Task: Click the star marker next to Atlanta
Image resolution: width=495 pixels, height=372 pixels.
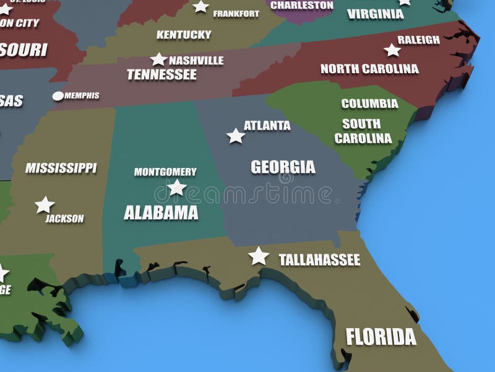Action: tap(236, 136)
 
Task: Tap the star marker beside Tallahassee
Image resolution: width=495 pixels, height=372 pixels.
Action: tap(259, 255)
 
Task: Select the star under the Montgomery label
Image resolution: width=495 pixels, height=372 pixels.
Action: tap(177, 187)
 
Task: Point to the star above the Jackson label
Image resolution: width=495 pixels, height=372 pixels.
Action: tap(45, 205)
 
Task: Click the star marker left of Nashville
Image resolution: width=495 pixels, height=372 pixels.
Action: tap(159, 60)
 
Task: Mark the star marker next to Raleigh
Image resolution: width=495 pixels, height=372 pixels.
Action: tap(392, 50)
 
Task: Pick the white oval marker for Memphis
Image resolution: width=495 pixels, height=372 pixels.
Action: tap(58, 96)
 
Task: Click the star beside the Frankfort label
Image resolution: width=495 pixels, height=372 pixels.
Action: tap(201, 7)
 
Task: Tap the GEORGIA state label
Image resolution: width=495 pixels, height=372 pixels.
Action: tap(283, 167)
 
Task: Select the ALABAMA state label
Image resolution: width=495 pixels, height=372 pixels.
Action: tap(161, 213)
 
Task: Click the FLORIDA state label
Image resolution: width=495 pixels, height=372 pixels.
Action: tap(381, 337)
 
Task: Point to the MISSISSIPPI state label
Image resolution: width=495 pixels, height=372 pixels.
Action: tap(61, 168)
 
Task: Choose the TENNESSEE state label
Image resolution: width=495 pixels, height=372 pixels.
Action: tap(161, 75)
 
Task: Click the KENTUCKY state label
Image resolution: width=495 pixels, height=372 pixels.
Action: tap(184, 35)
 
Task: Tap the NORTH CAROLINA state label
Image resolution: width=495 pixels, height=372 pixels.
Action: tap(369, 69)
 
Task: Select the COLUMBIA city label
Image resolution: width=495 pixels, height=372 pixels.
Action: tap(369, 104)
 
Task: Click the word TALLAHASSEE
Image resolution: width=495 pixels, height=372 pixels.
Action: tap(319, 260)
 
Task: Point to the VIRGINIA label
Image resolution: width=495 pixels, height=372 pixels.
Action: tap(375, 14)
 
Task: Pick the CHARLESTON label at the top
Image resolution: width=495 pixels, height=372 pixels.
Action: tap(302, 5)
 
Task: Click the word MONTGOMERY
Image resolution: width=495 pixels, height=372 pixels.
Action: tap(165, 172)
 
